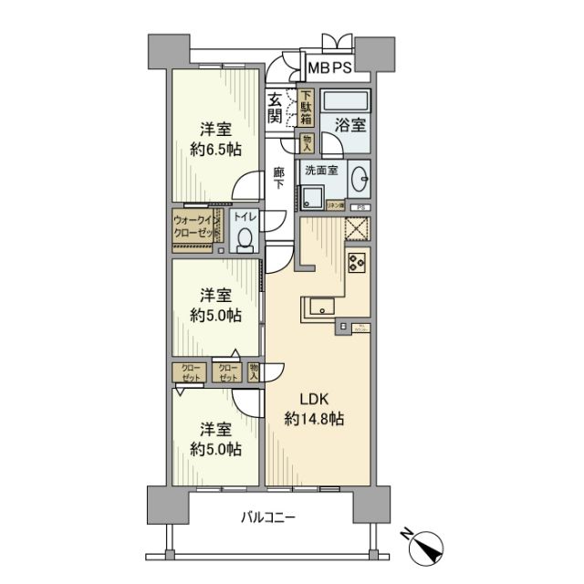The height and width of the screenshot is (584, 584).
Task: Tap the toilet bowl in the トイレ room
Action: click(x=244, y=239)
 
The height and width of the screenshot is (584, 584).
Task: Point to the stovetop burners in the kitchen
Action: click(x=356, y=265)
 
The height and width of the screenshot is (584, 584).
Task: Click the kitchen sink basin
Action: click(x=321, y=308)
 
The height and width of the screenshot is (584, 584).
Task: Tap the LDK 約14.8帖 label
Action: click(x=313, y=408)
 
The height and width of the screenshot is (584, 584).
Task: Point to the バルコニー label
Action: click(x=269, y=517)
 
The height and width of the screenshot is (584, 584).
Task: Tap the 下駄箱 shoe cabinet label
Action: click(x=307, y=108)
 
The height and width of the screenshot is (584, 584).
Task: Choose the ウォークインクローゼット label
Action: click(x=193, y=226)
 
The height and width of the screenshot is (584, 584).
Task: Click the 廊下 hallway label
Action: click(x=279, y=177)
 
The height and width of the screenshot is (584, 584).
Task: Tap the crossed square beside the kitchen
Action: click(x=357, y=230)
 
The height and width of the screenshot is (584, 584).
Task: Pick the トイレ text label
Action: click(x=244, y=217)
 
